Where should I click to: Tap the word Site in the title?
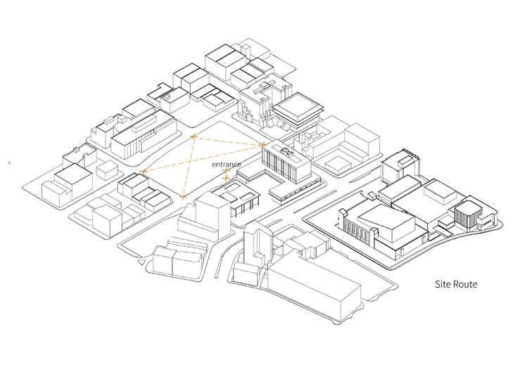(442, 285)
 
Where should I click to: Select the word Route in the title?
(466, 285)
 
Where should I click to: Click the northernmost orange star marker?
(194, 135)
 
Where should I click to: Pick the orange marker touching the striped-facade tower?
(262, 146)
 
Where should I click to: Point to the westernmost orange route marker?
(143, 172)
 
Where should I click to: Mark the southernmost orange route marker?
(183, 196)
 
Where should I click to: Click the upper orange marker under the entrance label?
(226, 171)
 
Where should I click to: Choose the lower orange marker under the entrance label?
(226, 178)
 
